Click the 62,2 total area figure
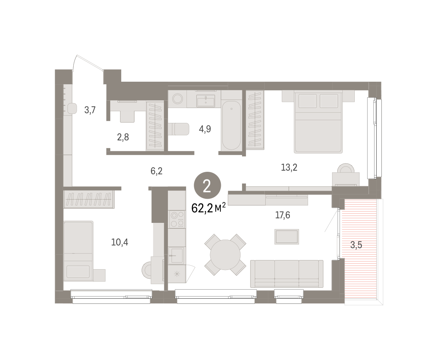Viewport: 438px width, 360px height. tap(202, 208)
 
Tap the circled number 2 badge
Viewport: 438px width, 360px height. tap(207, 185)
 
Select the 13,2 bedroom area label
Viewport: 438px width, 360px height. tap(289, 167)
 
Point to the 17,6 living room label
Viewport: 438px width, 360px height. tap(283, 215)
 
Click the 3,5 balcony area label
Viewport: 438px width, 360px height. tap(356, 245)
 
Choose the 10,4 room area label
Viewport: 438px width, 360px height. tap(120, 242)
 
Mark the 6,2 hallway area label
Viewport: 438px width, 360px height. tap(156, 171)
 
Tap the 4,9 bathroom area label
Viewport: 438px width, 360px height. tap(205, 129)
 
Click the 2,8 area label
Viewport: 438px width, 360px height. tap(123, 137)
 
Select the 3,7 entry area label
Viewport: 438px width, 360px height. tap(90, 110)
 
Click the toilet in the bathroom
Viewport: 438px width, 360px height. tap(178, 129)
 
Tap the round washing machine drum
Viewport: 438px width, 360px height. tap(177, 98)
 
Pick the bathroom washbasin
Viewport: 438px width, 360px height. tap(205, 101)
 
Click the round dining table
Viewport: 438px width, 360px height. tap(225, 255)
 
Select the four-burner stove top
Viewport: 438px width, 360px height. tap(177, 219)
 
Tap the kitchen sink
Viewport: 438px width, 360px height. tap(176, 256)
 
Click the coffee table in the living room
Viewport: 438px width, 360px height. tap(287, 237)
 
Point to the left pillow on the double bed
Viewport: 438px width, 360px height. tap(308, 101)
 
